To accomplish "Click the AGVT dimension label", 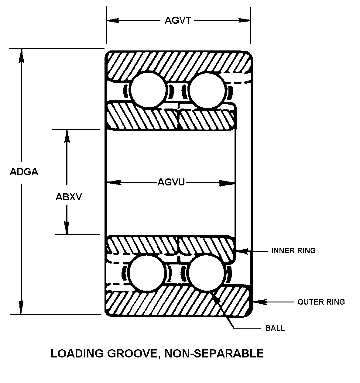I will click(x=178, y=20).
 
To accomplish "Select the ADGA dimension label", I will click(x=24, y=172).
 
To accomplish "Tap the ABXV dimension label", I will click(x=69, y=197).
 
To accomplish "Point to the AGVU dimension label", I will click(x=171, y=182).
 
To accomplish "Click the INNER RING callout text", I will click(x=293, y=250).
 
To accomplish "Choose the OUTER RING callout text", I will click(x=321, y=302).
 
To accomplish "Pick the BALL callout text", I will click(x=275, y=328).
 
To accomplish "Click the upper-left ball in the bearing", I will click(x=149, y=90).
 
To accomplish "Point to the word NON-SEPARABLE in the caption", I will click(x=214, y=354).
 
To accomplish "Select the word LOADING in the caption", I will click(x=77, y=354).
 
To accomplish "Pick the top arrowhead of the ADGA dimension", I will click(x=21, y=55).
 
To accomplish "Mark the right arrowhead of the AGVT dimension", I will click(x=245, y=20).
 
